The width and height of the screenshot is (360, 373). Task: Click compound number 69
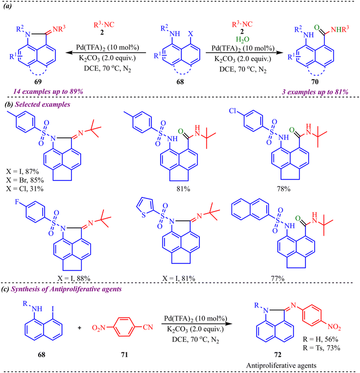point(38,82)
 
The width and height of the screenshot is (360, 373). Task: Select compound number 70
point(315,82)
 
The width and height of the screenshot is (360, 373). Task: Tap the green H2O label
point(242,39)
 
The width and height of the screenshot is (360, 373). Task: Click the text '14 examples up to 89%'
point(48,92)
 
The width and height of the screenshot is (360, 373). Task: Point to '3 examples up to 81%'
point(315,92)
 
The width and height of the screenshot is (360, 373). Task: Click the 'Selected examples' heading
point(42,105)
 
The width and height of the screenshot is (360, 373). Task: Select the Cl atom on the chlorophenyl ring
point(233,111)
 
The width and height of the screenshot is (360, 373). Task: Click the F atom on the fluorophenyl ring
point(17,202)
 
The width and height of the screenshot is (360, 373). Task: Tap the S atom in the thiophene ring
point(144,215)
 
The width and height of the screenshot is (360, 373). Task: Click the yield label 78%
point(284,189)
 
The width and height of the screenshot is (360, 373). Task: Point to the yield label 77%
point(278,278)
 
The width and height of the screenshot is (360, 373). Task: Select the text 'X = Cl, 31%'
point(25,189)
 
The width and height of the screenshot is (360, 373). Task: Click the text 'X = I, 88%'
point(74,278)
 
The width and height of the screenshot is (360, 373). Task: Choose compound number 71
point(124,354)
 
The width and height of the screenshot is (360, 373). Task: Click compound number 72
point(278,354)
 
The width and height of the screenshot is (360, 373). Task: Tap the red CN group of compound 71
point(148,327)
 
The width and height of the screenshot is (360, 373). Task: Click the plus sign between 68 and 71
point(80,328)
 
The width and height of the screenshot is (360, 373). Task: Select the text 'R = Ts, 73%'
point(321,348)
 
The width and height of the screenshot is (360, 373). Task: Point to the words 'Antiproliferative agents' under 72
point(281,365)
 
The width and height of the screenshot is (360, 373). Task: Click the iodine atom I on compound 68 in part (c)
point(53,309)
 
